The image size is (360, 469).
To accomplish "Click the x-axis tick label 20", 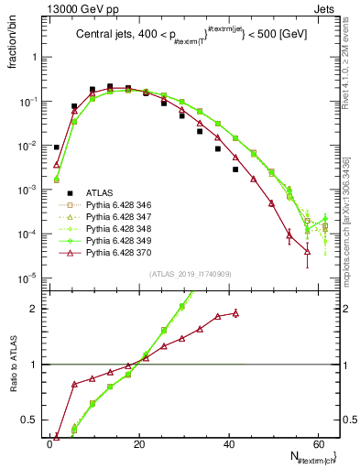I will (x=139, y=442).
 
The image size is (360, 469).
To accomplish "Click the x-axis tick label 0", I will (x=50, y=442).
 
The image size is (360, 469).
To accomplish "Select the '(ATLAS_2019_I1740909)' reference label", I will (x=191, y=273).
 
